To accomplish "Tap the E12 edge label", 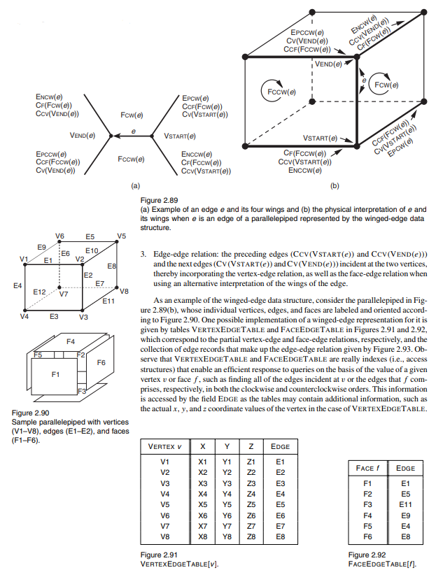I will point(39,291).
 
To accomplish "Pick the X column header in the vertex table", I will point(203,446).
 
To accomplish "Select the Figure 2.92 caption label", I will point(367,555).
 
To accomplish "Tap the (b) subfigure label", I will point(334,187).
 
